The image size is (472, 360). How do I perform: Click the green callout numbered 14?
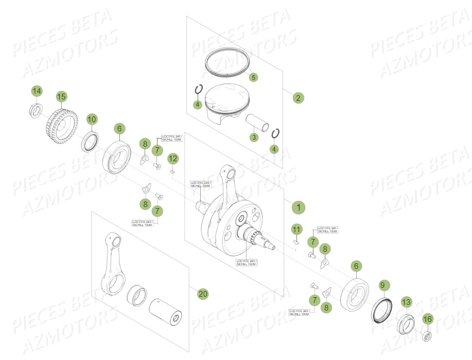click(x=36, y=91)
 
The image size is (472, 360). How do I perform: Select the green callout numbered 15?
click(x=61, y=96)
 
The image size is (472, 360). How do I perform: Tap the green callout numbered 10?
click(x=91, y=119)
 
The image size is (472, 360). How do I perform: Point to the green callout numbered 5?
click(x=253, y=77)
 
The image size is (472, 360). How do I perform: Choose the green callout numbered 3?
click(x=253, y=137)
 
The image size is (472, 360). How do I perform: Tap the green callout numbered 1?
click(x=298, y=208)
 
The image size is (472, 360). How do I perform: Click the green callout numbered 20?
click(x=203, y=294)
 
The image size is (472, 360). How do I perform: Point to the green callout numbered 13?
click(x=407, y=302)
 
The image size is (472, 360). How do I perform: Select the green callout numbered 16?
click(x=427, y=319)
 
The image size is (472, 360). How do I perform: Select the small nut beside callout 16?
click(x=427, y=337)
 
